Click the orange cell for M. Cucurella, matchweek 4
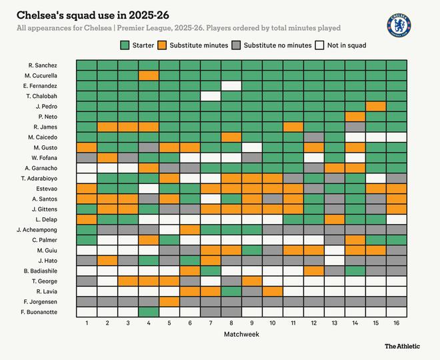click(149, 75)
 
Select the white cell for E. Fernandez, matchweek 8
click(231, 86)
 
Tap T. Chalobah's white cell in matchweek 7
click(211, 96)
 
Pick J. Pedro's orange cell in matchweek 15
click(376, 107)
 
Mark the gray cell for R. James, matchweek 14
click(355, 127)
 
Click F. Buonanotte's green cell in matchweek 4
click(149, 312)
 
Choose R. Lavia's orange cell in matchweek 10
click(273, 291)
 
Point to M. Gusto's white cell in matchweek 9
click(252, 147)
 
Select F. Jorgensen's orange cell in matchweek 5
click(169, 301)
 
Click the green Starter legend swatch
click(124, 45)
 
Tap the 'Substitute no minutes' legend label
click(277, 45)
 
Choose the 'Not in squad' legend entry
click(345, 45)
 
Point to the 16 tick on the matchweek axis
click(397, 323)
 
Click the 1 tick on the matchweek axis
click(87, 323)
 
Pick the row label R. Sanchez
click(43, 65)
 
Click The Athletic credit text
click(403, 346)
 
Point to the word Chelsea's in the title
click(41, 14)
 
